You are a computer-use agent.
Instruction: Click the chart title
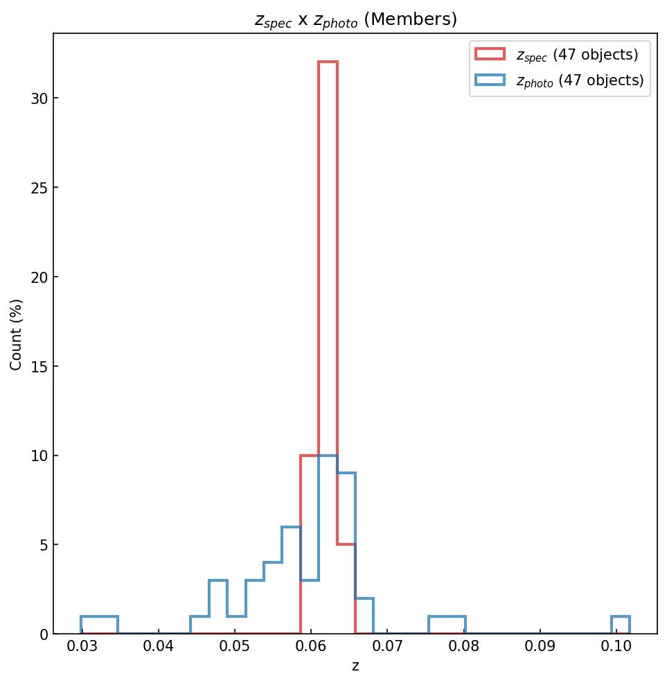355,20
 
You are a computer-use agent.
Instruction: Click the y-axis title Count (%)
17,334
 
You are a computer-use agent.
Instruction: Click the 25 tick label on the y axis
39,188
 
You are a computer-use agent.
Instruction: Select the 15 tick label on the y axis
39,366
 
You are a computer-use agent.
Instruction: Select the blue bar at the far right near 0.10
621,625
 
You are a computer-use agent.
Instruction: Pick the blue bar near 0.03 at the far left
100,625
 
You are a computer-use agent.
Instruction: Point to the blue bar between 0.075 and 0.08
447,625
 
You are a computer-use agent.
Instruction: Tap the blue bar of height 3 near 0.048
218,607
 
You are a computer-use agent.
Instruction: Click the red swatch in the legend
490,54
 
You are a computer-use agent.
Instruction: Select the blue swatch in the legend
490,80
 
